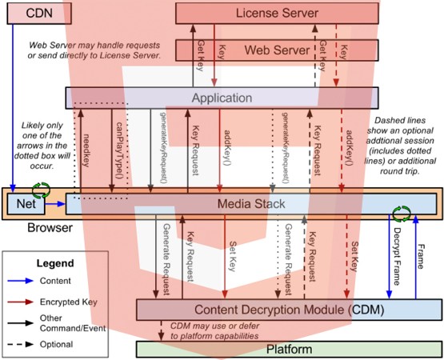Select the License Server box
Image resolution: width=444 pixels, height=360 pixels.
click(x=277, y=13)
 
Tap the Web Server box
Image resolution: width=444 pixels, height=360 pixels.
click(x=277, y=50)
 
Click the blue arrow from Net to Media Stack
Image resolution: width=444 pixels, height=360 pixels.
click(x=54, y=205)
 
